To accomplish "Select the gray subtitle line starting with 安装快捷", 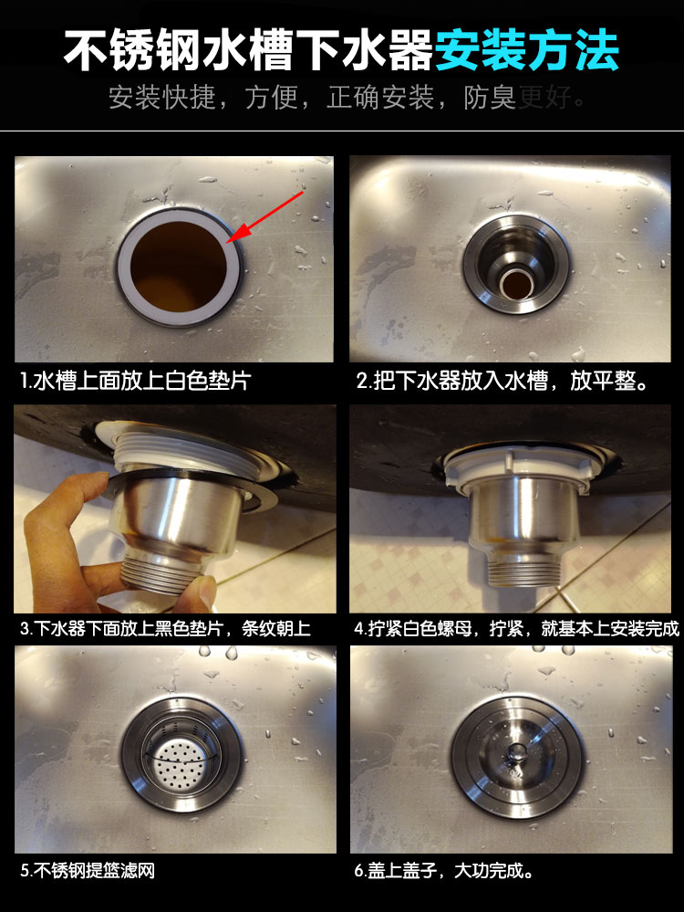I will [347, 98].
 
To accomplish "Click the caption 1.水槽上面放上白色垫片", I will [135, 381].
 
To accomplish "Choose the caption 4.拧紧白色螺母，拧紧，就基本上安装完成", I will [516, 628].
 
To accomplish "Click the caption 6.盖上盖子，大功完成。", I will [443, 870].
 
